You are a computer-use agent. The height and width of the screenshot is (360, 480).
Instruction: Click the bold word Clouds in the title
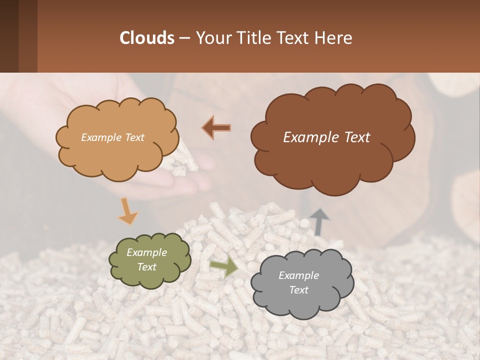click(147, 37)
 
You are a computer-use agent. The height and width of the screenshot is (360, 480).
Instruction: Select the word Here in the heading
click(335, 37)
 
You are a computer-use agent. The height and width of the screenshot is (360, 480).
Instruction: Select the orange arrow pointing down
click(127, 210)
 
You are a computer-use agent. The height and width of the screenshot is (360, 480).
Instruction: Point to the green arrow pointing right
click(224, 267)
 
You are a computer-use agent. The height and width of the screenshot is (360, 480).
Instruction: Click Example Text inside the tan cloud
click(112, 137)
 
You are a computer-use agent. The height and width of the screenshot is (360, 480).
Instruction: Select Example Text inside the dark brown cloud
click(326, 137)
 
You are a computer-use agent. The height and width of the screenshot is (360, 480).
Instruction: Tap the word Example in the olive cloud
click(146, 252)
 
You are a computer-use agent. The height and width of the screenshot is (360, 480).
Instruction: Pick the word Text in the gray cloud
click(298, 290)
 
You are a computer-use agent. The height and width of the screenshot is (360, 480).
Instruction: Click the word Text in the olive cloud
click(146, 267)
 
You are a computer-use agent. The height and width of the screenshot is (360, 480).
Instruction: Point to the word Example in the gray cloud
click(298, 275)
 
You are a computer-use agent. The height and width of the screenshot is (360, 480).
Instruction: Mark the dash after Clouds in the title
click(184, 38)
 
